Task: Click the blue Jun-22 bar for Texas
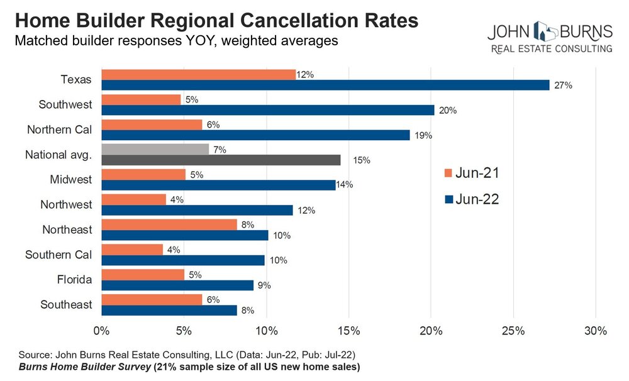[325, 85]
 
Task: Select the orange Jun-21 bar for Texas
[198, 74]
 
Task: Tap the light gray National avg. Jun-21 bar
[155, 149]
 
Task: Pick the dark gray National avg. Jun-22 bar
[221, 160]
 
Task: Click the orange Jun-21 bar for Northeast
[169, 224]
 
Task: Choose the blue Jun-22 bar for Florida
[177, 285]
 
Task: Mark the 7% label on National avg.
[220, 150]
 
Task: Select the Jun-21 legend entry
[471, 174]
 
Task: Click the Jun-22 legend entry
[471, 200]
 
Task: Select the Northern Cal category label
[59, 130]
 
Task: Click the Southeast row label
[66, 305]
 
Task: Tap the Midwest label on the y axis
[71, 180]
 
